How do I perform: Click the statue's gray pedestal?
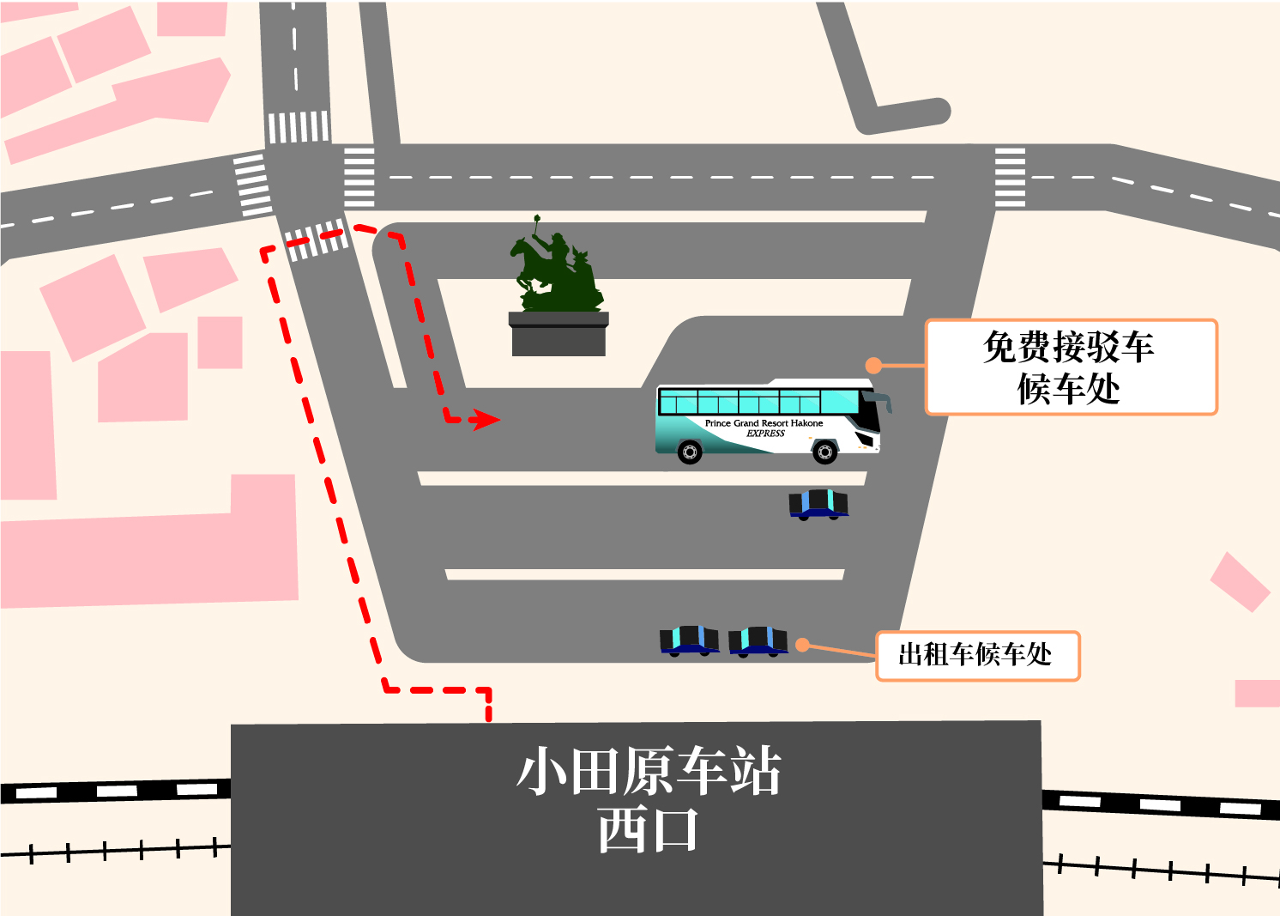[558, 334]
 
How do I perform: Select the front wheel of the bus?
[824, 452]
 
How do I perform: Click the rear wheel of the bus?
[690, 452]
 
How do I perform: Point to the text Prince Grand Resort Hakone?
[764, 423]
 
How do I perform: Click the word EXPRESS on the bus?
[766, 434]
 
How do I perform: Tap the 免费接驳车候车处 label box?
[1072, 367]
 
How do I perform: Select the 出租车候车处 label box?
[978, 656]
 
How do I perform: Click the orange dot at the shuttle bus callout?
[873, 366]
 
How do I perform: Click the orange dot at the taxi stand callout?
[802, 645]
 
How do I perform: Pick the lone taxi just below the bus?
[818, 505]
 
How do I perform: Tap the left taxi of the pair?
[689, 641]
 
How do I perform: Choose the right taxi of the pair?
[758, 641]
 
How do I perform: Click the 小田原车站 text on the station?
[649, 770]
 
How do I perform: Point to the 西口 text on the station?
[648, 829]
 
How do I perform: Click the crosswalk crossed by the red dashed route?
[316, 239]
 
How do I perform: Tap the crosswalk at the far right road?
[1010, 177]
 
